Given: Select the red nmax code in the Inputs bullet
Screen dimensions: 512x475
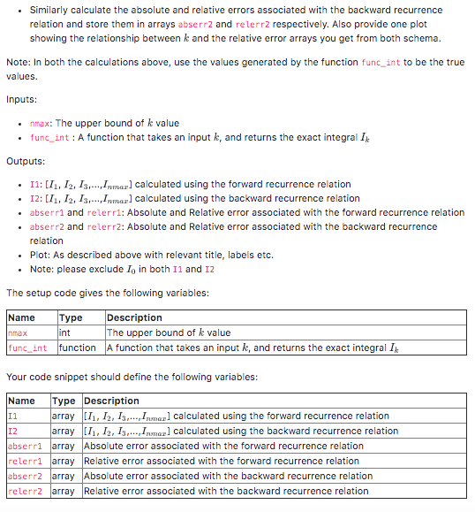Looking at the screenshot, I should click(41, 123).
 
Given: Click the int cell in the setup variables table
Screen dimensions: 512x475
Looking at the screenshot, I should click(65, 332).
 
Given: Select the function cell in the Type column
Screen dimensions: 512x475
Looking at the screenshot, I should click(78, 348).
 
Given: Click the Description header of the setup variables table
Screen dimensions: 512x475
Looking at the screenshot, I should click(134, 317).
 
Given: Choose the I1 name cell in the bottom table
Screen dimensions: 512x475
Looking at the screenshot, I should click(12, 416).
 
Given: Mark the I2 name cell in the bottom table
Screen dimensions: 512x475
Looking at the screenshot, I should click(12, 431).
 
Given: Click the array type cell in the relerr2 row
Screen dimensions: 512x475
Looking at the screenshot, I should click(64, 491).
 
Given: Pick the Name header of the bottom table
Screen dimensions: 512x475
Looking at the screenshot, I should click(21, 401).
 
